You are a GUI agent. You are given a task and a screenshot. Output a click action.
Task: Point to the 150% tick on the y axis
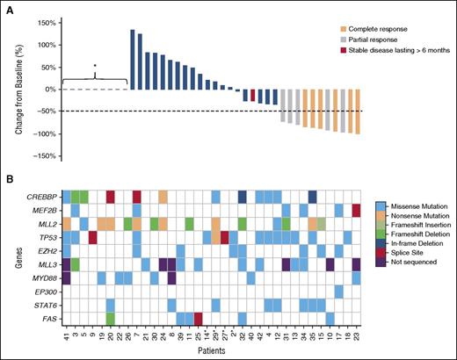click(46, 23)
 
